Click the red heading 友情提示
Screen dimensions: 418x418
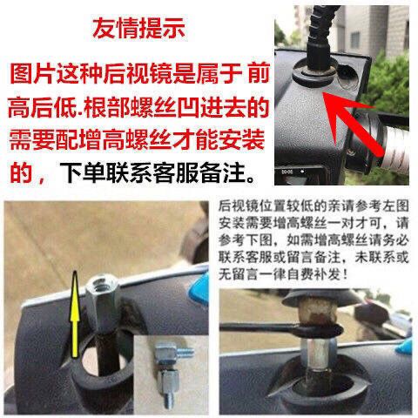point(138,28)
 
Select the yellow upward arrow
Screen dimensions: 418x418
point(75,314)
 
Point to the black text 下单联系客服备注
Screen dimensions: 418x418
point(158,172)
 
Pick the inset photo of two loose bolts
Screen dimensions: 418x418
point(171,374)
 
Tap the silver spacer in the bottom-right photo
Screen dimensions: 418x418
point(318,351)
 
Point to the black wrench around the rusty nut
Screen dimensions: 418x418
point(281,328)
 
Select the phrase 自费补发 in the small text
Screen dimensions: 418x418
point(321,274)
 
